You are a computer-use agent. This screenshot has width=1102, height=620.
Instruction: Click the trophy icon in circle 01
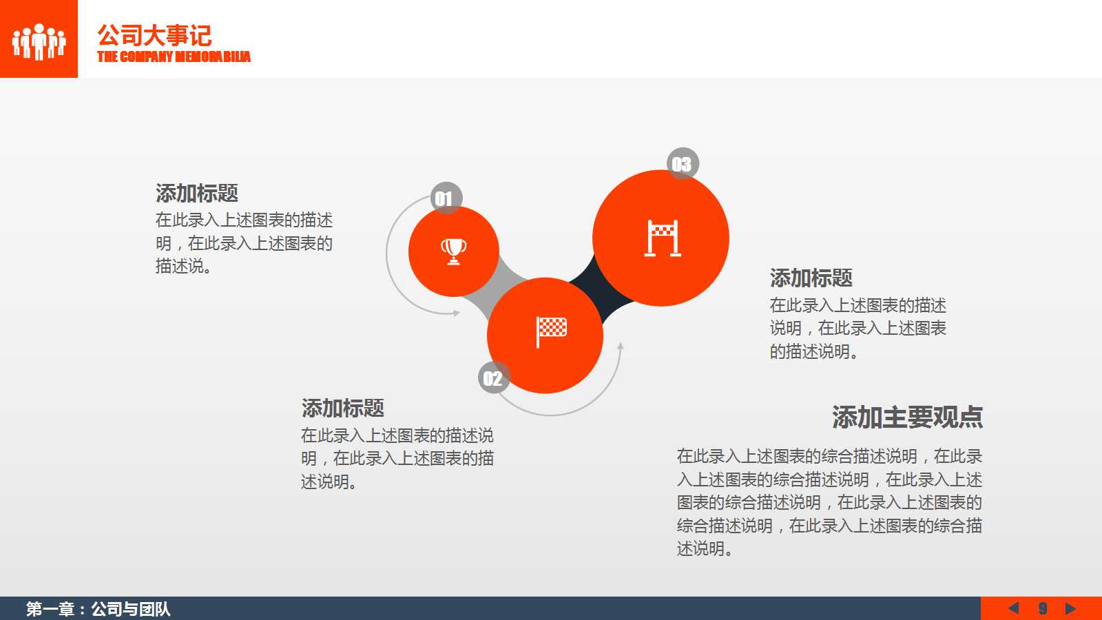click(x=453, y=251)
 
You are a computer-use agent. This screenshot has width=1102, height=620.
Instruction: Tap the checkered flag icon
click(x=551, y=331)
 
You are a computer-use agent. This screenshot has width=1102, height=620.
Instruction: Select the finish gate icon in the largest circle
click(x=662, y=238)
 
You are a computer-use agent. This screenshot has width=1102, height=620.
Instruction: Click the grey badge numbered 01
click(x=446, y=198)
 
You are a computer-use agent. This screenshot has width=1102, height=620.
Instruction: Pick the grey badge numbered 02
click(x=493, y=378)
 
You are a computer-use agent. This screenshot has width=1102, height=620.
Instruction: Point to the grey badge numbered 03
click(x=682, y=164)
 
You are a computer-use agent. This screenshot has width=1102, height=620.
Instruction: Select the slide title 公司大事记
click(x=154, y=35)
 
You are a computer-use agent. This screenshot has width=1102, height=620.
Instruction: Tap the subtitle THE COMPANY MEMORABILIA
click(x=174, y=56)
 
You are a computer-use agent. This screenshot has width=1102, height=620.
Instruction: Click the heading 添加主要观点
click(x=907, y=417)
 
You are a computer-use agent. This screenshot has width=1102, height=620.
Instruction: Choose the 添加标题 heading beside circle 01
click(x=197, y=193)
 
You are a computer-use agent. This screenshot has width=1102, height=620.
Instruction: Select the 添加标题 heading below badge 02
click(x=343, y=408)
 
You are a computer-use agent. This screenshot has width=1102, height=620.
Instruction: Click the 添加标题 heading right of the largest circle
click(x=811, y=278)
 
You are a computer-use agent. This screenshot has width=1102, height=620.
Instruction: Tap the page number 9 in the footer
click(x=1043, y=608)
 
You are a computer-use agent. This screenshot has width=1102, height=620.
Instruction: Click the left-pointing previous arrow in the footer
click(x=1013, y=608)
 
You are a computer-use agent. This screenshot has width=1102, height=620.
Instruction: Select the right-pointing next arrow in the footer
click(x=1070, y=608)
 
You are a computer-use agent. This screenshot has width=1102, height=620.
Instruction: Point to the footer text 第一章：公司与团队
click(x=98, y=608)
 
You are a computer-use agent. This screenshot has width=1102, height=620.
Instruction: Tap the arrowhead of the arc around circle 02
click(x=621, y=347)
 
